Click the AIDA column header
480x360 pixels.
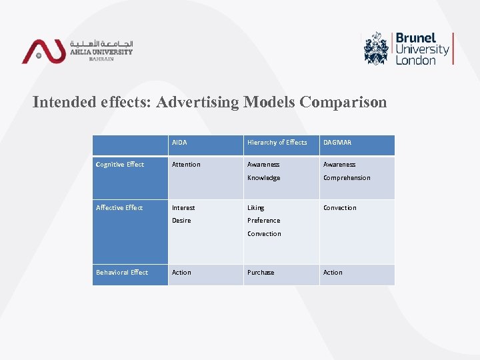pyautogui.click(x=179, y=143)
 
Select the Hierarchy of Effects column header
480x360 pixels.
pyautogui.click(x=277, y=143)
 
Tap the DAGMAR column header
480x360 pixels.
pyautogui.click(x=337, y=143)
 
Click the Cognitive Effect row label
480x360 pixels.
pyautogui.click(x=120, y=165)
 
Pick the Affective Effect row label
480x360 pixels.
pyautogui.click(x=119, y=208)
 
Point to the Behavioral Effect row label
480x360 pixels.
pyautogui.click(x=122, y=273)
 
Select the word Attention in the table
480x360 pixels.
pyautogui.click(x=186, y=165)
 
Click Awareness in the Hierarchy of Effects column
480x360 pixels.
pyautogui.click(x=263, y=165)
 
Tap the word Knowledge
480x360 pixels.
pyautogui.click(x=263, y=178)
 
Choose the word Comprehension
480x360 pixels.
pyautogui.click(x=347, y=178)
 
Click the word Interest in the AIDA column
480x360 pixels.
pyautogui.click(x=183, y=208)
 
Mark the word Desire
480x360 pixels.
pyautogui.click(x=181, y=221)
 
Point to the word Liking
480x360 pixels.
pyautogui.click(x=255, y=208)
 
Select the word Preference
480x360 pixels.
pyautogui.click(x=263, y=221)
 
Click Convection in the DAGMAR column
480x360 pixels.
pyautogui.click(x=340, y=208)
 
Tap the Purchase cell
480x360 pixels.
pyautogui.click(x=261, y=273)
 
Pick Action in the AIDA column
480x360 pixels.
pyautogui.click(x=181, y=273)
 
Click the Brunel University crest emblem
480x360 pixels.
pyautogui.click(x=377, y=48)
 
